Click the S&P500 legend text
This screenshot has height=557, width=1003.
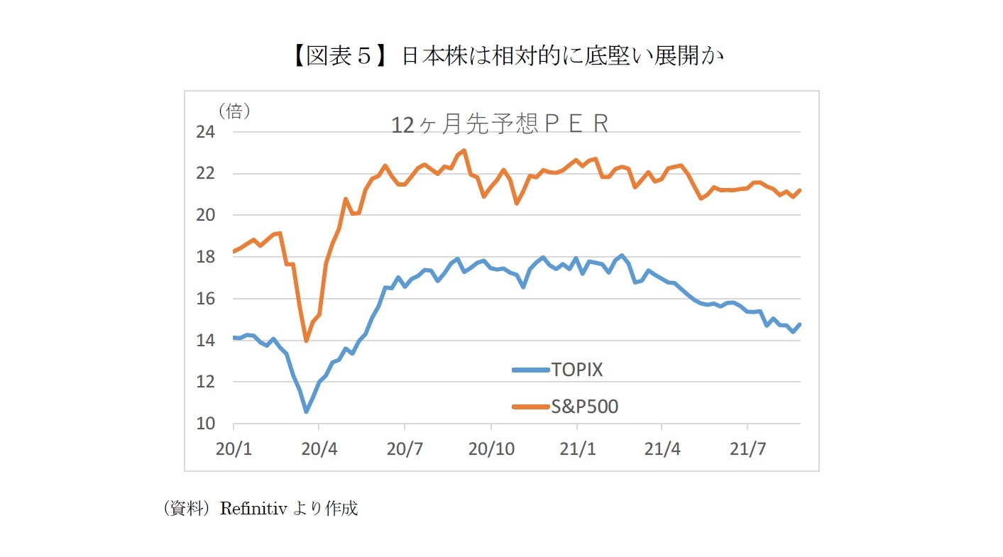coord(583,407)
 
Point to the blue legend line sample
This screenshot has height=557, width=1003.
coord(530,369)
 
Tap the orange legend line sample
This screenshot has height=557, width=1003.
coord(530,407)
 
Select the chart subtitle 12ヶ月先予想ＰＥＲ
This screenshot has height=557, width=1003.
coord(500,124)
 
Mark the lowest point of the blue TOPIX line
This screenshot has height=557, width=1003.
coord(306,411)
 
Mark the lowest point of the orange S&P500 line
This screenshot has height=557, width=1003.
coord(306,341)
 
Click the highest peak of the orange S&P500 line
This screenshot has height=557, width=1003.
coord(464,150)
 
